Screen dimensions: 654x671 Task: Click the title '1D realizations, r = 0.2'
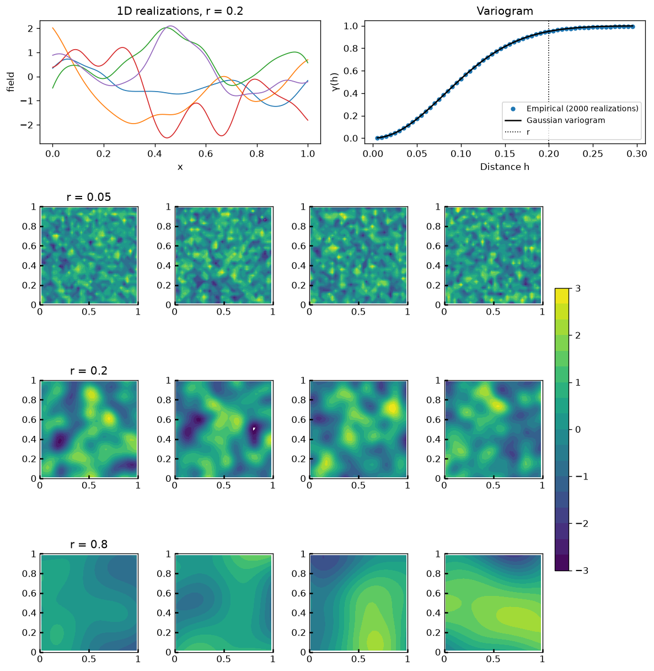pos(180,11)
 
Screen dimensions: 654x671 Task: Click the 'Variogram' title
pos(505,11)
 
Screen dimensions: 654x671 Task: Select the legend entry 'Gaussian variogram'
pos(565,120)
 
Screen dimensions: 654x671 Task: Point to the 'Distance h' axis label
pos(505,167)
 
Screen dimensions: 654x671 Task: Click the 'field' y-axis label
pos(10,82)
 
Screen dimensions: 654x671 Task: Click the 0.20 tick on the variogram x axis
pos(549,154)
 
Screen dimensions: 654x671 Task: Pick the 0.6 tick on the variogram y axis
pos(350,71)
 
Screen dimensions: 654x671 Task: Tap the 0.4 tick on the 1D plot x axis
pos(155,154)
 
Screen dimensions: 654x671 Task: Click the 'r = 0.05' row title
pos(89,197)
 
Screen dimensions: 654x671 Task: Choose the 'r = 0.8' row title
pos(89,544)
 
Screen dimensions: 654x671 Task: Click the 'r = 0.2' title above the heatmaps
pos(89,371)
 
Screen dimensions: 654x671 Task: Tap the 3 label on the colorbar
pos(578,288)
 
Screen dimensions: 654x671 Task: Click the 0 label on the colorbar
pos(578,430)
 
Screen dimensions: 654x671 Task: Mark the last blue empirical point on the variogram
pos(632,26)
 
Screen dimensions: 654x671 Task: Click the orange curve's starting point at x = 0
pos(53,28)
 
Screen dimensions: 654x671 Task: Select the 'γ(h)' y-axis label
pos(335,82)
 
